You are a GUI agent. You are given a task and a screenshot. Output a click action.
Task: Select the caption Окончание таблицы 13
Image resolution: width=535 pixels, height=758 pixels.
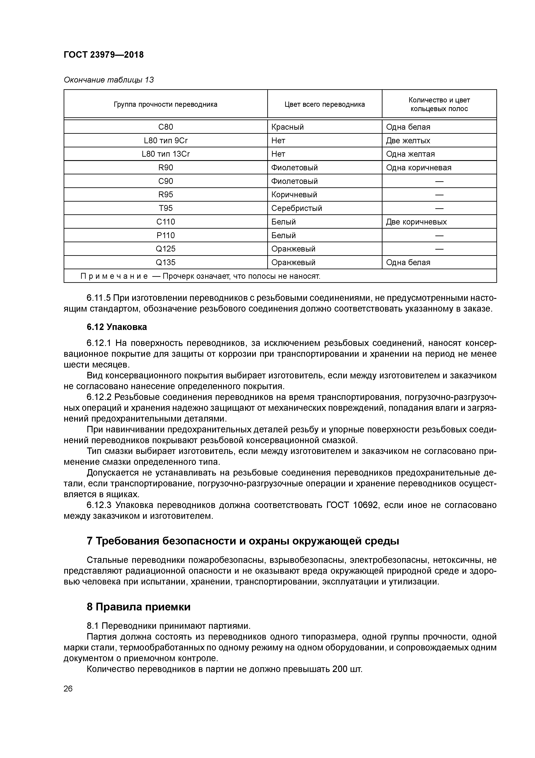click(x=109, y=80)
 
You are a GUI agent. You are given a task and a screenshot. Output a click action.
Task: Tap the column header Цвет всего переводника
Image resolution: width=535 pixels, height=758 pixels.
click(x=324, y=104)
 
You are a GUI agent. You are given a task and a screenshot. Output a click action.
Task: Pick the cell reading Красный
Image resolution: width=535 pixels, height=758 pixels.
click(x=287, y=127)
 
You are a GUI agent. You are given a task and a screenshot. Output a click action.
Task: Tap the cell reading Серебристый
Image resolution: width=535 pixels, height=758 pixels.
click(x=296, y=208)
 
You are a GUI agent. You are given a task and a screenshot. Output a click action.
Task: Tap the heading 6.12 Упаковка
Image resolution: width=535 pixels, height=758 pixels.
click(x=117, y=327)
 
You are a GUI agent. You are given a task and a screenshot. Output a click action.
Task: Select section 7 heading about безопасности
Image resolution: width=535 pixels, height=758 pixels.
click(x=243, y=541)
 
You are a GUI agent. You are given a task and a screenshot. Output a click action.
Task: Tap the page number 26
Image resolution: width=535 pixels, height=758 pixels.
click(x=68, y=689)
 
